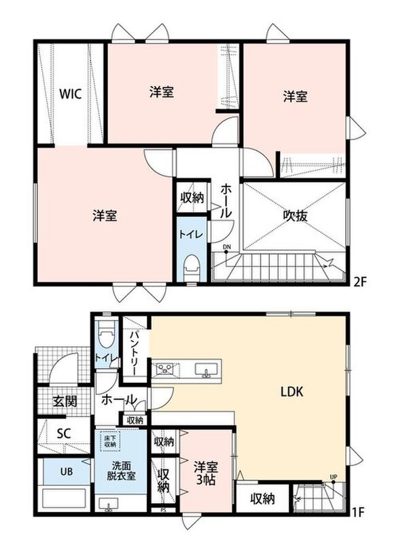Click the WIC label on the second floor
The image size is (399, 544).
click(71, 94)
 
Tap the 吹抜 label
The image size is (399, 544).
click(296, 216)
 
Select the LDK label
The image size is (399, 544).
click(292, 392)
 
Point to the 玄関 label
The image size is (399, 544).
click(65, 401)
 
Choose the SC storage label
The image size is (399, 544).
click(64, 433)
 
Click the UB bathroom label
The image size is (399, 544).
click(66, 471)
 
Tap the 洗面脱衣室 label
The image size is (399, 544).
click(120, 470)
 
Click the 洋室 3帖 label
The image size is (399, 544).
click(205, 473)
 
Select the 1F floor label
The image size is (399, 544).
click(358, 512)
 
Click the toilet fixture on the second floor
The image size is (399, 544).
click(192, 268)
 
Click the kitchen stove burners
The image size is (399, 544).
click(166, 368)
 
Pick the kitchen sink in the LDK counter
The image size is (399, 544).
click(207, 369)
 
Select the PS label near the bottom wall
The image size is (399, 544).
click(164, 511)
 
